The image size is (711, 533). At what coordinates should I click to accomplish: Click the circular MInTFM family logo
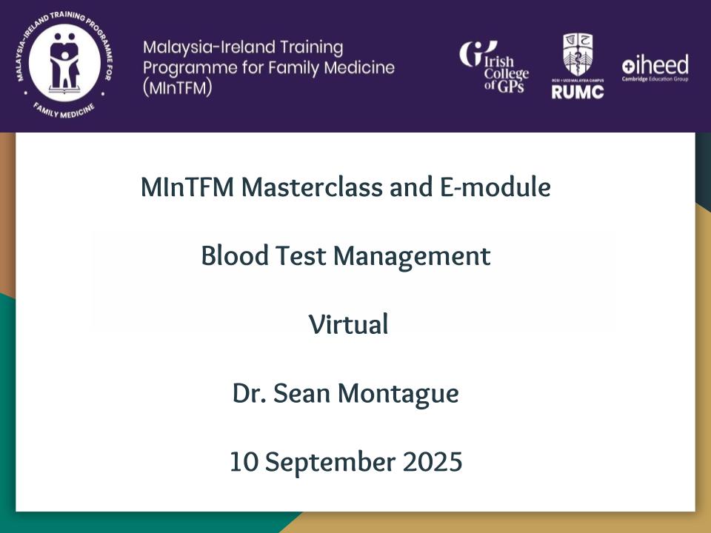(x=64, y=64)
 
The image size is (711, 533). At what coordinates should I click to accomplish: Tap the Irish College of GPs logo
(x=494, y=67)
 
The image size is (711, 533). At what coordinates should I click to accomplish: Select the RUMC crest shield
(x=577, y=55)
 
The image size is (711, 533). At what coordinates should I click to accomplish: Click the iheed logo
(x=655, y=67)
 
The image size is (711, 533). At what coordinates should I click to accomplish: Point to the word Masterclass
(x=312, y=187)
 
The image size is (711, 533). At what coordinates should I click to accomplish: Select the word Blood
(x=235, y=255)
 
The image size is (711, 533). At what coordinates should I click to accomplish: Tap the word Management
(x=412, y=257)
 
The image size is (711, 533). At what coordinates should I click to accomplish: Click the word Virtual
(x=348, y=324)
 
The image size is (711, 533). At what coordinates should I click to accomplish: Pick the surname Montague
(x=398, y=394)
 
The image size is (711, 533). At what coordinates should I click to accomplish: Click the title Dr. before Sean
(x=249, y=393)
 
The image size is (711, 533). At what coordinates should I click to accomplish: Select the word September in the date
(x=330, y=463)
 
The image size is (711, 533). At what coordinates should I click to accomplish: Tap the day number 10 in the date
(x=244, y=462)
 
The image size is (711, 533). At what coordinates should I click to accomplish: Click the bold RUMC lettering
(x=577, y=92)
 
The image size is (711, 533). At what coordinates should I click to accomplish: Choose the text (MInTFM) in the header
(x=177, y=88)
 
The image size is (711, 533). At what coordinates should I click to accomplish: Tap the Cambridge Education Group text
(x=655, y=79)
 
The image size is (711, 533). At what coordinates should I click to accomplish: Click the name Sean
(x=301, y=393)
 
